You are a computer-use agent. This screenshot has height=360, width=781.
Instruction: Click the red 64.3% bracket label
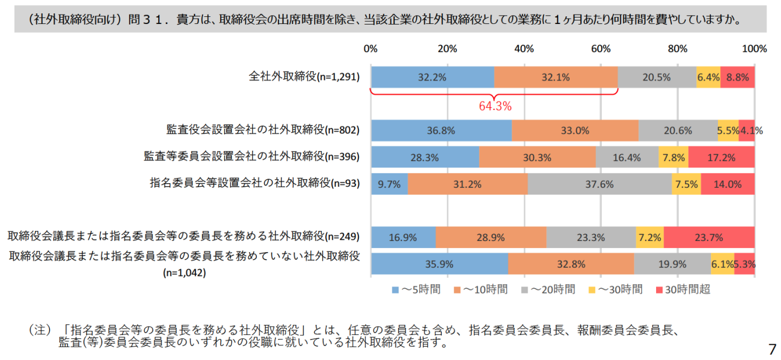pos(494,106)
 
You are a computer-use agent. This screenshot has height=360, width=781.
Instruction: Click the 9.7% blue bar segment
pos(389,184)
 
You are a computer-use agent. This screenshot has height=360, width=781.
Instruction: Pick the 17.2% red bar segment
pos(721,157)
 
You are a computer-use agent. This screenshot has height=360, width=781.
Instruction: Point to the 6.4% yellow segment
pos(708,77)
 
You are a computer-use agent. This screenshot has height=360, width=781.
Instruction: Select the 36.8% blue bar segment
pos(441,131)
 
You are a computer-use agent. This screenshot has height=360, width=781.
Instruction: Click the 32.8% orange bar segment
pos(571,264)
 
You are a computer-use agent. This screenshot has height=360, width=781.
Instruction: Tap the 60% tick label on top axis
pos(601,48)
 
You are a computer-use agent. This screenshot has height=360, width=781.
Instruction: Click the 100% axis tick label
pos(754,48)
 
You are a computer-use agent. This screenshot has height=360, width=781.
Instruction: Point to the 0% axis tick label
pos(371,48)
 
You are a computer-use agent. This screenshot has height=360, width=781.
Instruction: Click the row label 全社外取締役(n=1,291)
pos(304,76)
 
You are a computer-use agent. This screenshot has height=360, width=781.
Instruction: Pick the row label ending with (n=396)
pos(251,156)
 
